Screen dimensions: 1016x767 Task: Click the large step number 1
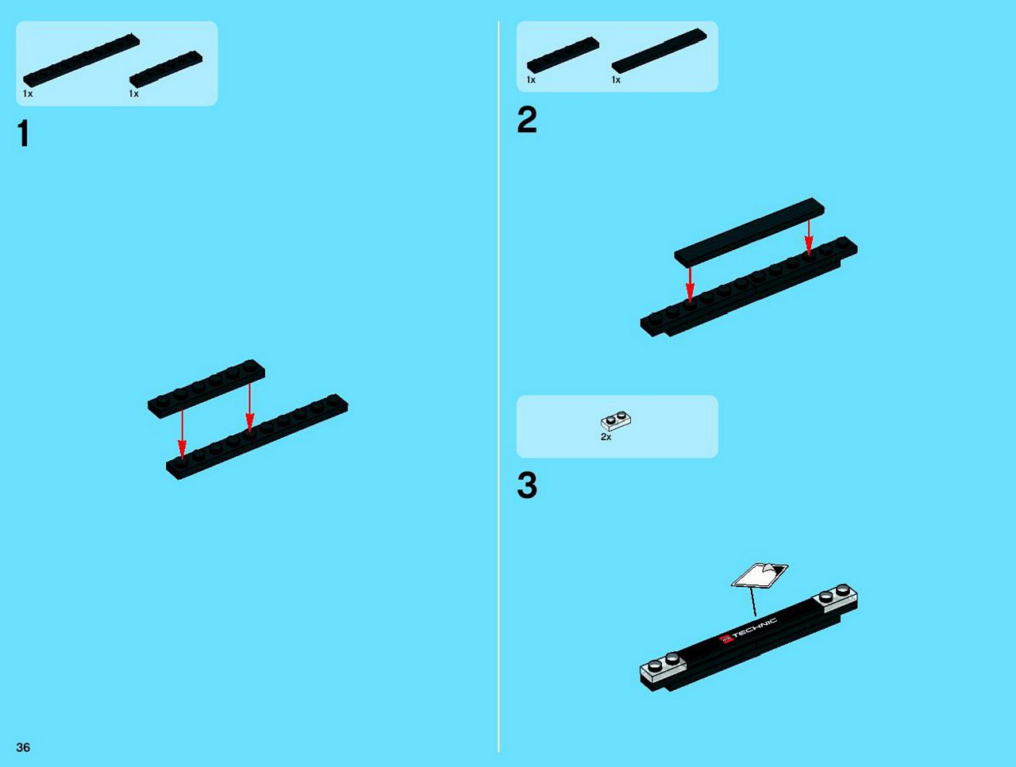(23, 133)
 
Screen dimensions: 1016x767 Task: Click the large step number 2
(527, 120)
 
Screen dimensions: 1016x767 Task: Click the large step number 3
(527, 485)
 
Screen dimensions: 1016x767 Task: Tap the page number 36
(23, 747)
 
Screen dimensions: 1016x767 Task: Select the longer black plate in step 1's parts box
(82, 60)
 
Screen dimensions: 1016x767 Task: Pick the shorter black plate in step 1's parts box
(166, 69)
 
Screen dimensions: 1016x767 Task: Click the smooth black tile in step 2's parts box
(659, 51)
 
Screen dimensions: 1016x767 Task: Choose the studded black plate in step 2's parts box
(563, 55)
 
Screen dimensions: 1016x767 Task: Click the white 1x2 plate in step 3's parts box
(617, 420)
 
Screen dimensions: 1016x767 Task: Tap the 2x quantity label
(606, 437)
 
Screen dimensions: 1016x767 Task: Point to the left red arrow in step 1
(183, 434)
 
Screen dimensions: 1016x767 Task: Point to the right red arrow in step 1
(249, 407)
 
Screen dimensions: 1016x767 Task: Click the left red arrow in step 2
(690, 284)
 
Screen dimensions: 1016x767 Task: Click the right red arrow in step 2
(809, 237)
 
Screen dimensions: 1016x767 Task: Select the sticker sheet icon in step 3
(760, 576)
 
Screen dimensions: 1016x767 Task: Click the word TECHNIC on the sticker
(755, 628)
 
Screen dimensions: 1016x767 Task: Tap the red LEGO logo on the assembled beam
(726, 640)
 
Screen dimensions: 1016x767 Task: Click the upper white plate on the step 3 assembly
(835, 598)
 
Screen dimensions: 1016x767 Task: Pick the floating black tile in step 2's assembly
(749, 232)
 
